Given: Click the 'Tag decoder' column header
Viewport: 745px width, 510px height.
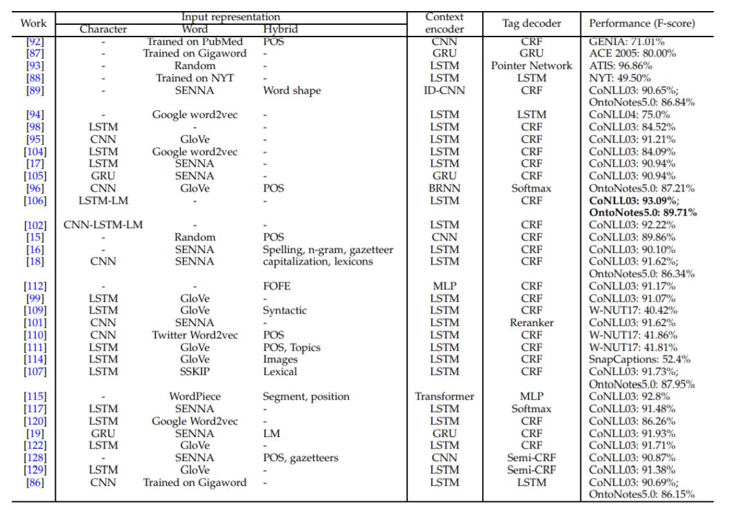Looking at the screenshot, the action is [x=531, y=23].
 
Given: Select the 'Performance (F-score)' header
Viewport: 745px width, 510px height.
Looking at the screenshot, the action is [x=642, y=23].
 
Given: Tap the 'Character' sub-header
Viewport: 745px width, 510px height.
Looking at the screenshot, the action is [x=103, y=30].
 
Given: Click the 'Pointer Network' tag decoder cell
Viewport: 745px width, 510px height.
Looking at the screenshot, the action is [x=531, y=65].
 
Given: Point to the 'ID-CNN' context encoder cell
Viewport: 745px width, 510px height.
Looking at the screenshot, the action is [x=444, y=90].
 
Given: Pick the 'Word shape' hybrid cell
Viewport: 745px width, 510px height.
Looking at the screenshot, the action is [x=292, y=91].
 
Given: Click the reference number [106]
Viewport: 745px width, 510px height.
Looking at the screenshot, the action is [x=35, y=201].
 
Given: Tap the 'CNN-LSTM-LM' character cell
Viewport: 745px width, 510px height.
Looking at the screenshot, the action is [x=103, y=225].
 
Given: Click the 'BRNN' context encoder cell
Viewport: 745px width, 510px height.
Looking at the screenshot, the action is [x=444, y=189].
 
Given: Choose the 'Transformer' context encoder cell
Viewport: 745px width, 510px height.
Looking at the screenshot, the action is [x=444, y=396].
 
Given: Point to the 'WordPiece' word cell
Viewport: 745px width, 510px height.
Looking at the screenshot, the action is [x=195, y=396].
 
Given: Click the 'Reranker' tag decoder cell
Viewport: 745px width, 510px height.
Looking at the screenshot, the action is [x=531, y=323].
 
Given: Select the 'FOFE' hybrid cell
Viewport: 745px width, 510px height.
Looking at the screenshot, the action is [x=277, y=286].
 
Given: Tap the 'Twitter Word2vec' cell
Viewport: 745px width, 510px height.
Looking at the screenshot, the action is [x=195, y=335].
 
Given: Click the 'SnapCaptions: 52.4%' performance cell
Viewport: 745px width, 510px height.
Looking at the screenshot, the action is [x=639, y=360].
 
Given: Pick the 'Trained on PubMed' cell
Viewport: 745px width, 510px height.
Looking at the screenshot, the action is [x=195, y=42].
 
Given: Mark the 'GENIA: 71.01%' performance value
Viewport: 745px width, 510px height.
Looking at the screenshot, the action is [x=626, y=42].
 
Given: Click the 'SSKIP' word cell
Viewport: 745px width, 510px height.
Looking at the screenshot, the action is [x=195, y=371].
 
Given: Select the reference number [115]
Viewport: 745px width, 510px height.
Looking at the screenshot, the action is [x=35, y=396].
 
